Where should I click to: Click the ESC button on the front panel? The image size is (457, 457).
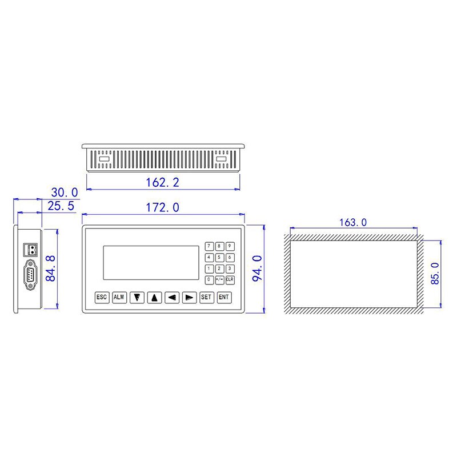coord(102,297)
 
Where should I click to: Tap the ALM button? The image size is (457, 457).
coord(119,297)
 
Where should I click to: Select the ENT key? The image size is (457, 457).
coord(224,297)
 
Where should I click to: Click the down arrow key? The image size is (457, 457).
coord(137,297)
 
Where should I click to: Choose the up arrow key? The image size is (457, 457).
coord(154,297)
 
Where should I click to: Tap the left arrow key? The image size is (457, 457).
coord(172,297)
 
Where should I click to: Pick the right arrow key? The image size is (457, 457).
coord(190,297)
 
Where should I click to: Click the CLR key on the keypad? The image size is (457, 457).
coord(230,280)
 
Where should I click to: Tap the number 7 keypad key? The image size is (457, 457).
coord(209,246)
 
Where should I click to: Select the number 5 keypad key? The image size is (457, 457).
coord(219,257)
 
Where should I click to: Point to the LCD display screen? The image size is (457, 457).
coord(151,263)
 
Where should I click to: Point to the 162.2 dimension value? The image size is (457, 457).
coord(163,182)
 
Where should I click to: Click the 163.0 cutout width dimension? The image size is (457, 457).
coord(353,222)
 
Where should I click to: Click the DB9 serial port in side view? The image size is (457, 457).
coord(29,277)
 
